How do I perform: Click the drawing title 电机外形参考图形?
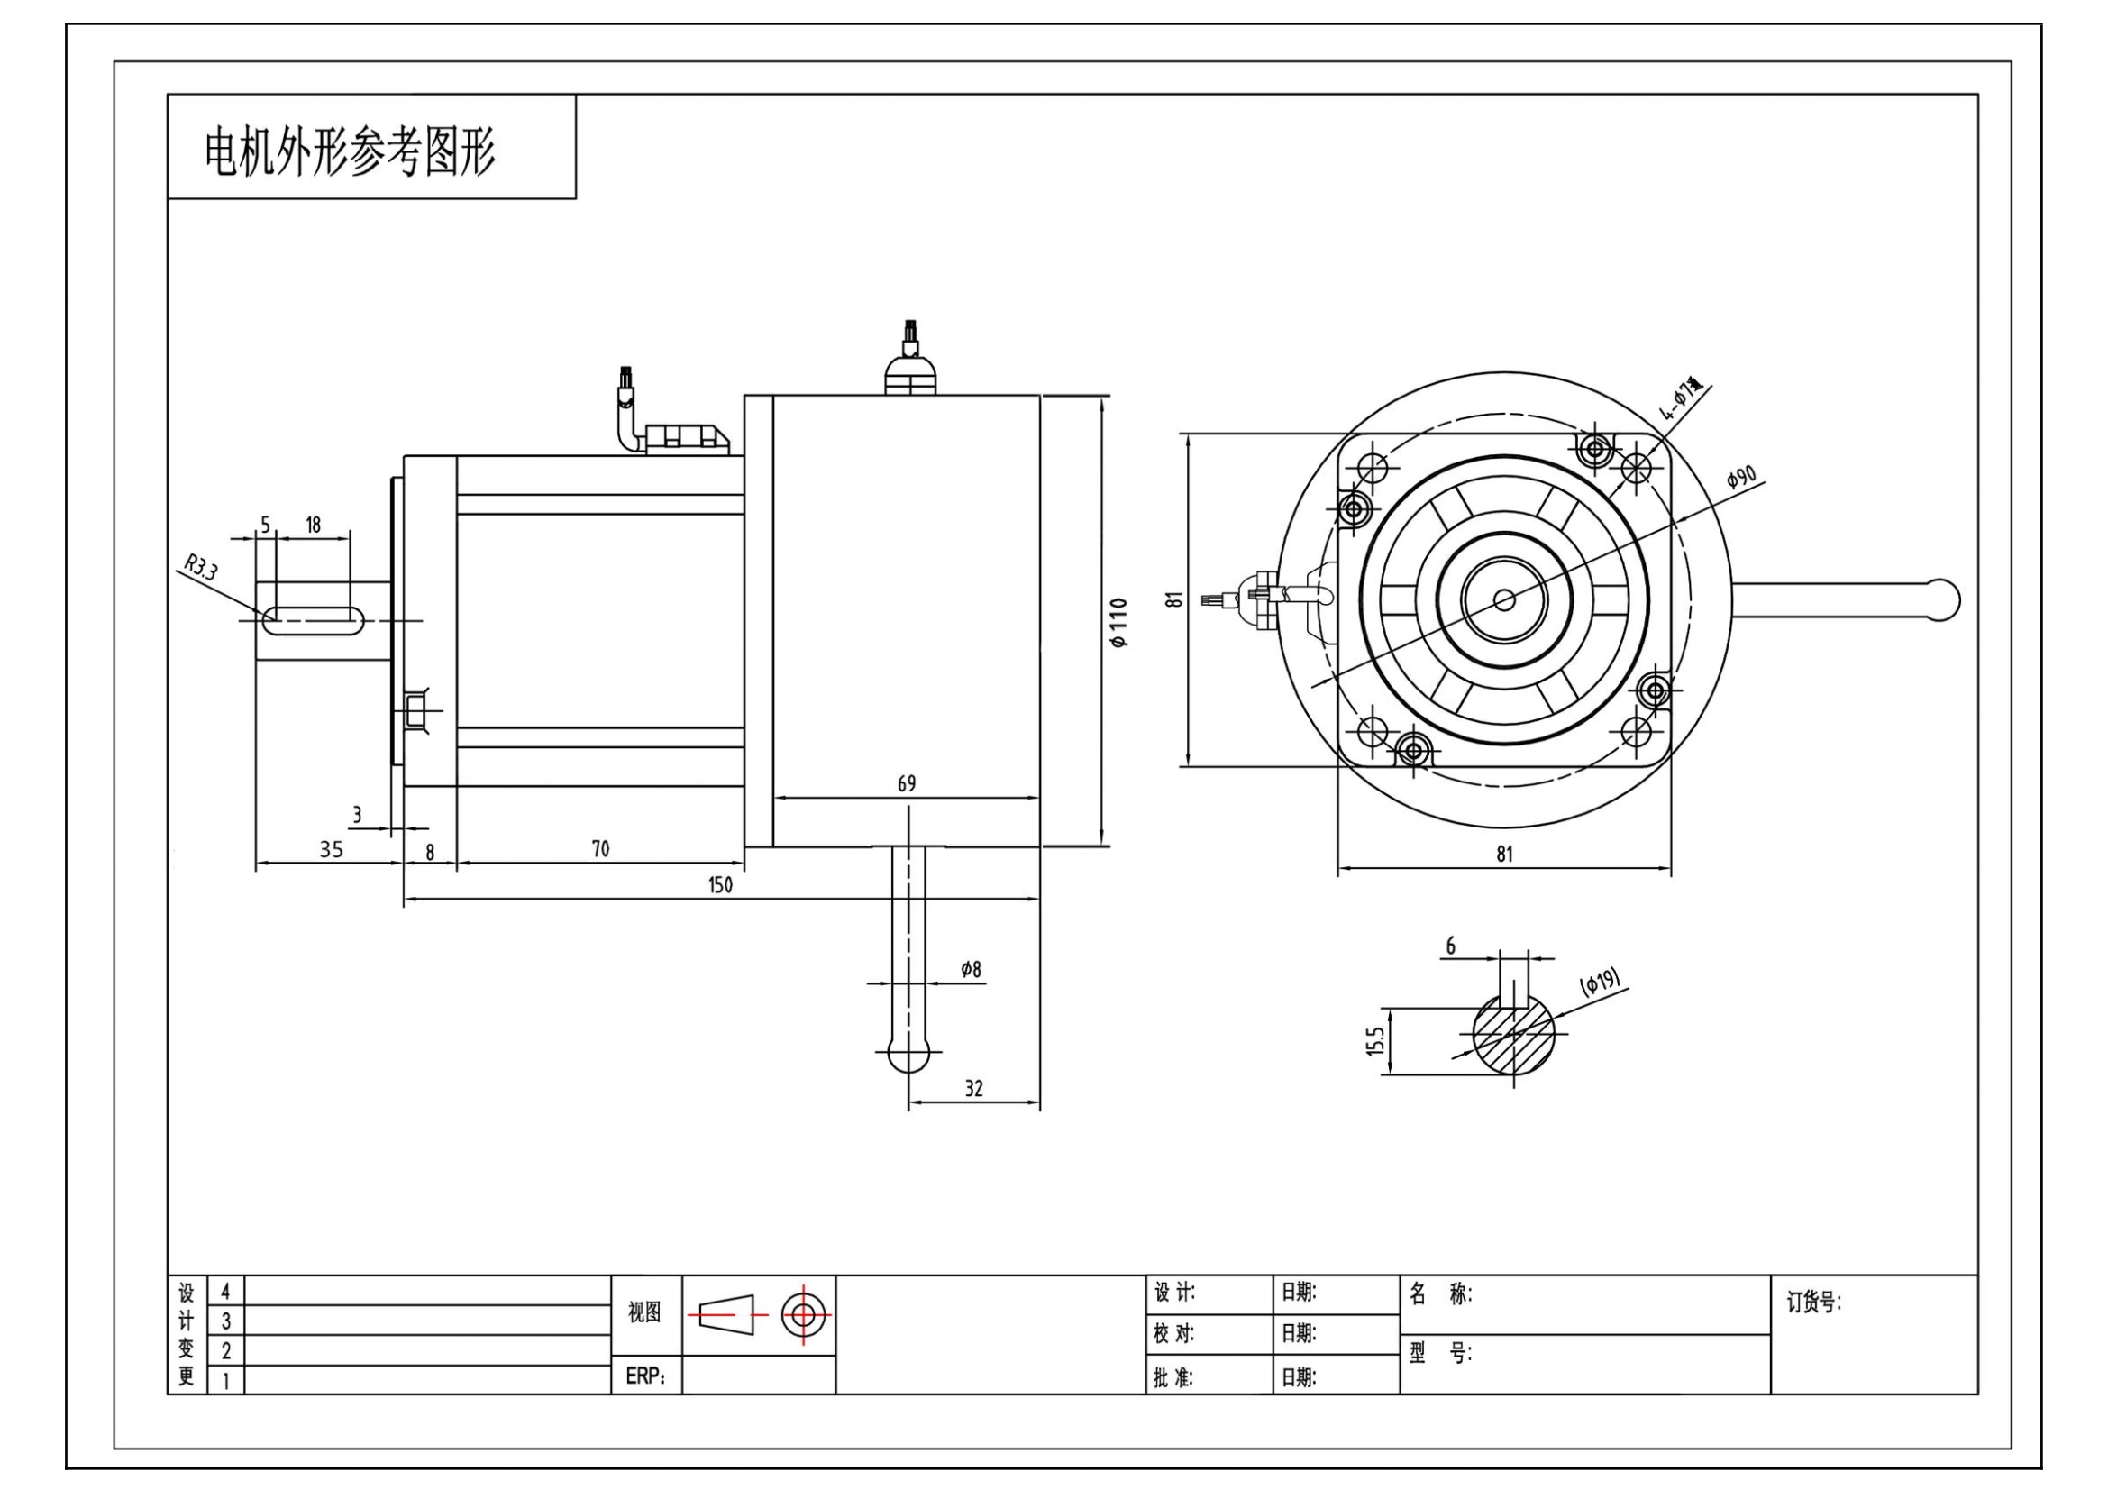click(x=349, y=151)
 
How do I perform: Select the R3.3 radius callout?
click(x=201, y=567)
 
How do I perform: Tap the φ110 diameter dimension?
click(x=1119, y=624)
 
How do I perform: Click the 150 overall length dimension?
click(x=721, y=884)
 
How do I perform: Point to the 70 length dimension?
click(x=599, y=849)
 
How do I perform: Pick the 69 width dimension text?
click(x=906, y=784)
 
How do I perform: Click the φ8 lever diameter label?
click(x=971, y=970)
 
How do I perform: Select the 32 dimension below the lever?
click(x=974, y=1089)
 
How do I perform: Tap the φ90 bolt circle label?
click(x=1741, y=478)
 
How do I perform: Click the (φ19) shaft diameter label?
click(x=1600, y=983)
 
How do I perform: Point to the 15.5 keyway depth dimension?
click(x=1375, y=1041)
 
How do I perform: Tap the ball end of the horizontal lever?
click(x=1942, y=599)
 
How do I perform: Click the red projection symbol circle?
click(x=803, y=1314)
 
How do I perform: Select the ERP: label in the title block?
click(x=645, y=1376)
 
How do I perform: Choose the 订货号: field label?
click(x=1813, y=1303)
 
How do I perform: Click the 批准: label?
click(x=1173, y=1377)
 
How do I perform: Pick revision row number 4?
click(x=226, y=1292)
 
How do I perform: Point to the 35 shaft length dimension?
click(x=331, y=849)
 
